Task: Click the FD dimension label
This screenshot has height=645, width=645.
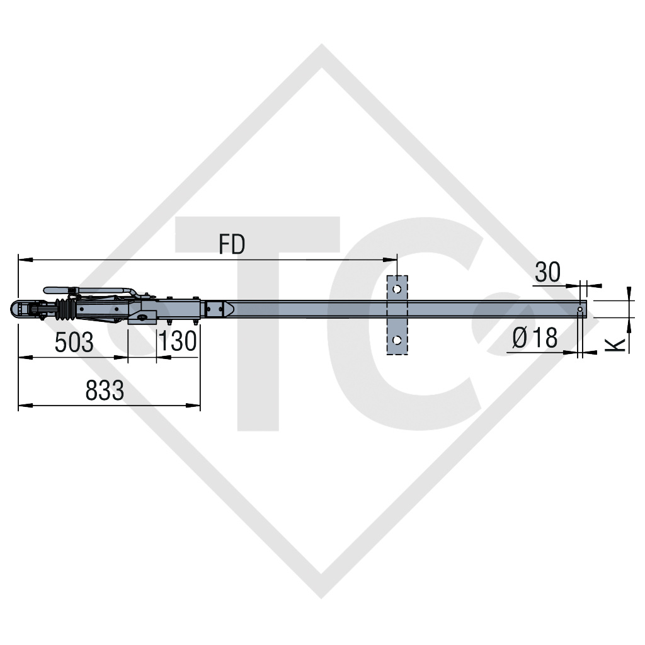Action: pyautogui.click(x=232, y=244)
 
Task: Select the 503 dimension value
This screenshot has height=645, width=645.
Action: pyautogui.click(x=74, y=343)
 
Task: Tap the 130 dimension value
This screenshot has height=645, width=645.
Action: pyautogui.click(x=178, y=343)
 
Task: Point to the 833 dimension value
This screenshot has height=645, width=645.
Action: pyautogui.click(x=105, y=391)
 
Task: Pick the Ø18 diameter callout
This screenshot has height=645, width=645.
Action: pyautogui.click(x=535, y=338)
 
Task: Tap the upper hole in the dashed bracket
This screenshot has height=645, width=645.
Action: pyautogui.click(x=397, y=288)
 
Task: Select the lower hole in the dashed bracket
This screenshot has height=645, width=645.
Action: pyautogui.click(x=397, y=340)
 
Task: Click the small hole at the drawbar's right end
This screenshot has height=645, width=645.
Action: pyautogui.click(x=580, y=309)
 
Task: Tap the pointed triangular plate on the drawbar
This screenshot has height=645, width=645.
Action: pyautogui.click(x=228, y=309)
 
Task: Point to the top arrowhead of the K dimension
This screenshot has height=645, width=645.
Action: pyautogui.click(x=629, y=291)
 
